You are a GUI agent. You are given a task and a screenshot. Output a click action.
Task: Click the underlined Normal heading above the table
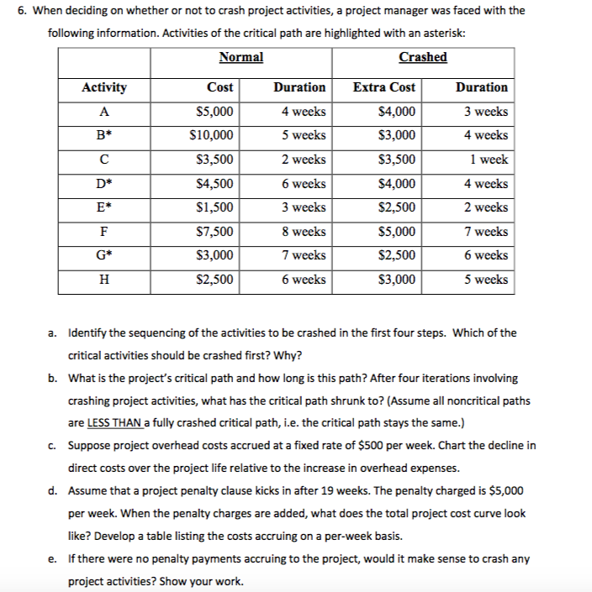click(240, 57)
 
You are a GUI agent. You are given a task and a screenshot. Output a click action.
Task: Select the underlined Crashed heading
click(423, 57)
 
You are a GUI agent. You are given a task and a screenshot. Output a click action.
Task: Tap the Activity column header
click(104, 87)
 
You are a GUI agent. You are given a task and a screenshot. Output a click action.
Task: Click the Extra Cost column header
click(384, 87)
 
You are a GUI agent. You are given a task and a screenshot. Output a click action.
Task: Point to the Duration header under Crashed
click(481, 87)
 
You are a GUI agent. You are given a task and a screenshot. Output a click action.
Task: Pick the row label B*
click(104, 135)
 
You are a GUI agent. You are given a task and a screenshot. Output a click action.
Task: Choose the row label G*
click(104, 255)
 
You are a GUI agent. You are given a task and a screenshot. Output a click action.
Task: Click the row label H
click(104, 280)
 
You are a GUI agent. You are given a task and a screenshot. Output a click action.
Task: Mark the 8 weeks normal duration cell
click(304, 232)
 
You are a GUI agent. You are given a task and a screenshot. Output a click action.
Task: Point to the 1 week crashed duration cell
click(487, 160)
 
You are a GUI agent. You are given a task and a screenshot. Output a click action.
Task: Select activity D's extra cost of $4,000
click(397, 184)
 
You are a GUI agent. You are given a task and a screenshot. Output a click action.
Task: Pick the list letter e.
click(52, 558)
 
